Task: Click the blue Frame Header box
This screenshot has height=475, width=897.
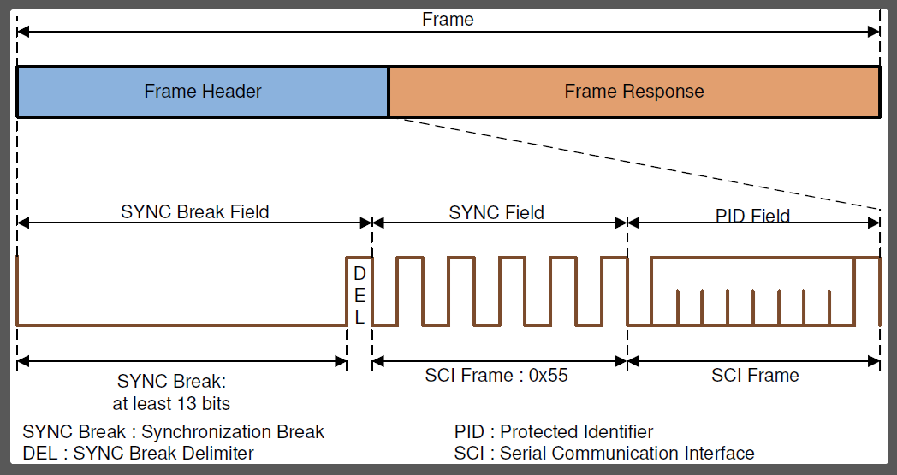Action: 203,92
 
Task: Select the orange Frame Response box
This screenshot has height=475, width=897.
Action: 634,92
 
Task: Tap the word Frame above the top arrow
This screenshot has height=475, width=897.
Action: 448,19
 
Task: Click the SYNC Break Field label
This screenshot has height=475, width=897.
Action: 195,211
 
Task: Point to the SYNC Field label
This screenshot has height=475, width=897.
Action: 497,211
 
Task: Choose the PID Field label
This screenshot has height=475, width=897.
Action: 752,215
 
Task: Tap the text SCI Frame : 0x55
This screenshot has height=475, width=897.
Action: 496,375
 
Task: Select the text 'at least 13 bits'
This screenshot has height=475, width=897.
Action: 171,402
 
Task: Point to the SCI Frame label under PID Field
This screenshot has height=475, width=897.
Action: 755,375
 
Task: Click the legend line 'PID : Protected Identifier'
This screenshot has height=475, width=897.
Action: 554,432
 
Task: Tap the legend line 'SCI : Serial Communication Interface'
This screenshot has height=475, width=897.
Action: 604,453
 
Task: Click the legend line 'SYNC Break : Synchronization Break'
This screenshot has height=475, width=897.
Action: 174,432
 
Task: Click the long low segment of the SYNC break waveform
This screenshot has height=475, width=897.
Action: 180,324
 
